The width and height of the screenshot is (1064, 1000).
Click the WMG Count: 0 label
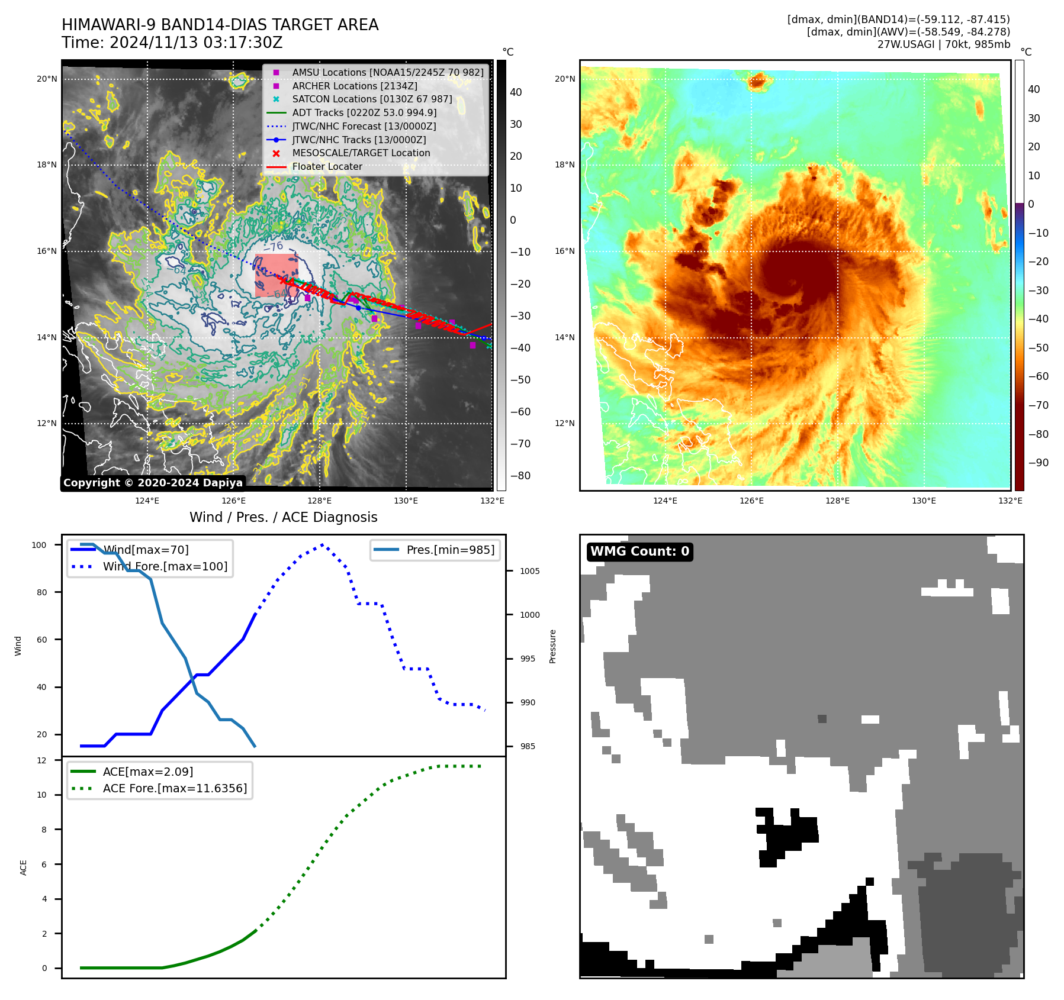(639, 551)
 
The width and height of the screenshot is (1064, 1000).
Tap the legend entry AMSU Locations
(387, 73)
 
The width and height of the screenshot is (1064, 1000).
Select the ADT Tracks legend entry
(364, 113)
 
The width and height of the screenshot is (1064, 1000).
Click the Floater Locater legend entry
(327, 167)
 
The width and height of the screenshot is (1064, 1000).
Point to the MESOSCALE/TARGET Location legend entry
(361, 153)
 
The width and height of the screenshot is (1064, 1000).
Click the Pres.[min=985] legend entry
(450, 550)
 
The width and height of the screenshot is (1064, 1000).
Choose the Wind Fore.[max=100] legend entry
(165, 566)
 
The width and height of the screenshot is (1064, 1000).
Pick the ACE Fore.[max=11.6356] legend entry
(175, 788)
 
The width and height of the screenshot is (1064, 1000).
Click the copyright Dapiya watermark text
(153, 483)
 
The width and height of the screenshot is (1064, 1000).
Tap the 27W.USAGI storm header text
(943, 44)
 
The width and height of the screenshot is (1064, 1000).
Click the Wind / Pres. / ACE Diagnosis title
(283, 517)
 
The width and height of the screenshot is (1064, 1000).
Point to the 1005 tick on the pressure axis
(529, 571)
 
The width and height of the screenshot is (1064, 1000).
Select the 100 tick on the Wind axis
(39, 545)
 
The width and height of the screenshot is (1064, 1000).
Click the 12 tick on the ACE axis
(41, 760)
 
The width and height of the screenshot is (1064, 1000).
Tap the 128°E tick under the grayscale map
(320, 501)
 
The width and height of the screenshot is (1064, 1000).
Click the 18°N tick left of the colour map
(564, 165)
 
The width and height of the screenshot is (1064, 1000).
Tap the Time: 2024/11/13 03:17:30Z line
(172, 43)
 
